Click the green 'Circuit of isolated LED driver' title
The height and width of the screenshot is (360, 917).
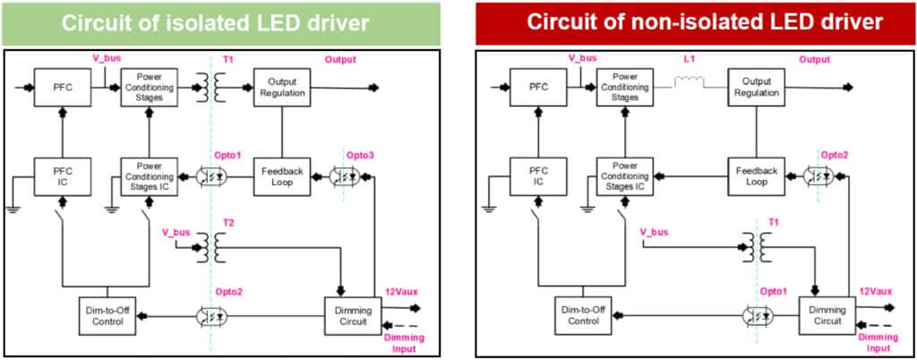tap(215, 22)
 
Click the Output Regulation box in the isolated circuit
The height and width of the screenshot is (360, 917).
tap(282, 88)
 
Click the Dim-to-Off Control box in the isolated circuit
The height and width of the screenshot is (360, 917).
tap(106, 315)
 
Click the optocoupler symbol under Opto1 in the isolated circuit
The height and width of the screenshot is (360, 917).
tap(212, 176)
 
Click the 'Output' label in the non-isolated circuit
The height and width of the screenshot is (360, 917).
tap(814, 60)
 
